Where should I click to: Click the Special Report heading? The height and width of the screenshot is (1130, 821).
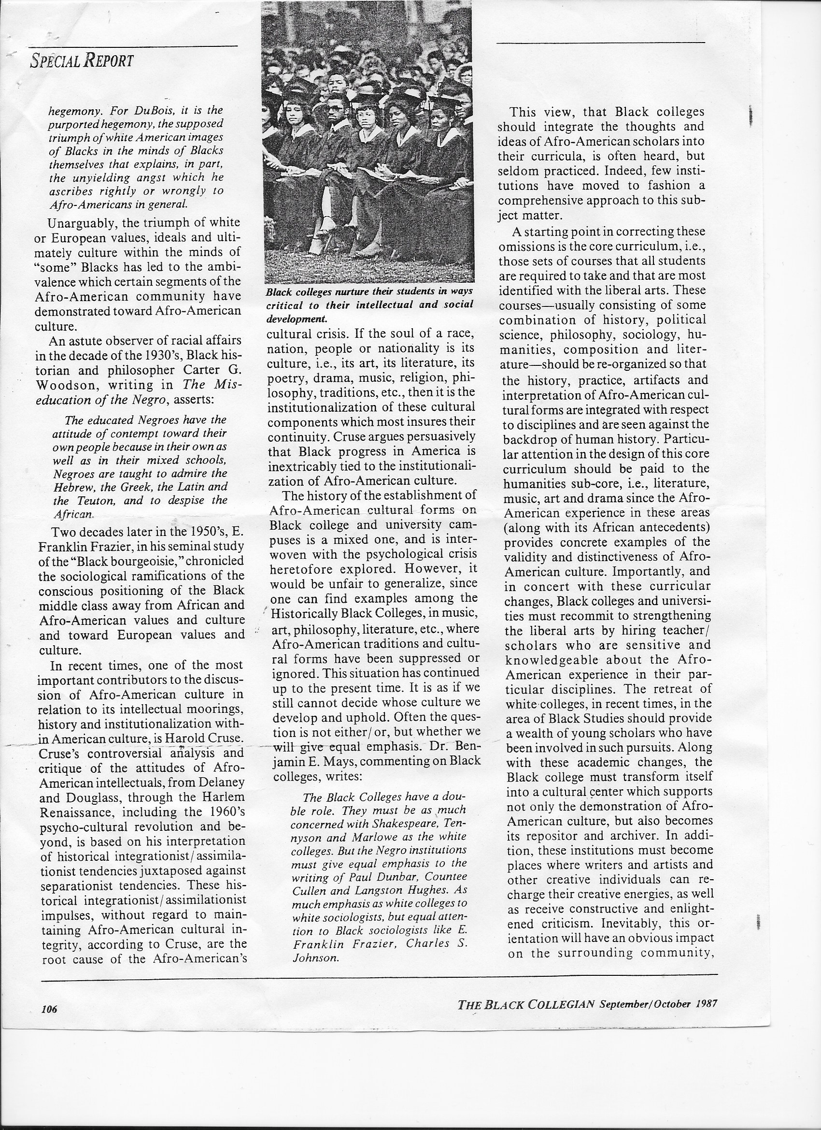[82, 61]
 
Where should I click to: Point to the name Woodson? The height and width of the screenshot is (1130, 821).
[67, 385]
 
